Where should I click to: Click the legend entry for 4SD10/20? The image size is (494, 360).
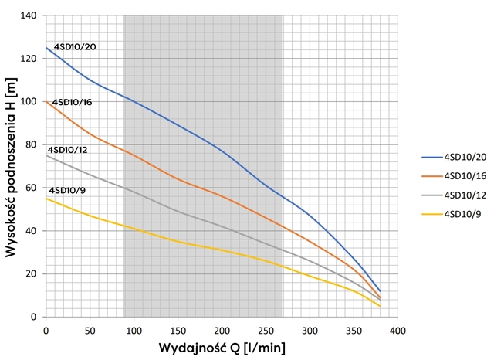tap(460, 155)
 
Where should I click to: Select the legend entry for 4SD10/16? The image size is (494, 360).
tap(460, 174)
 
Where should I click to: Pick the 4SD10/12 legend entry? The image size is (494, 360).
tap(460, 193)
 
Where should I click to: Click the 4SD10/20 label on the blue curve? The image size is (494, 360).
tap(74, 47)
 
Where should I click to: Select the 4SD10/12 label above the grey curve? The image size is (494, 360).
tap(69, 149)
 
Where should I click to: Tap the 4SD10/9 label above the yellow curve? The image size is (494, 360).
tap(67, 190)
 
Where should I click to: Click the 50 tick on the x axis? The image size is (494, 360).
tap(90, 330)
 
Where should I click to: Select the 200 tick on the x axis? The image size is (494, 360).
tap(222, 330)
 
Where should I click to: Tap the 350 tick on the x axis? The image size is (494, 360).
tap(354, 330)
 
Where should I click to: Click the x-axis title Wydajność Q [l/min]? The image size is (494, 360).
tap(222, 348)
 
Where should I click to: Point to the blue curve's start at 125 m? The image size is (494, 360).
tap(46, 48)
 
